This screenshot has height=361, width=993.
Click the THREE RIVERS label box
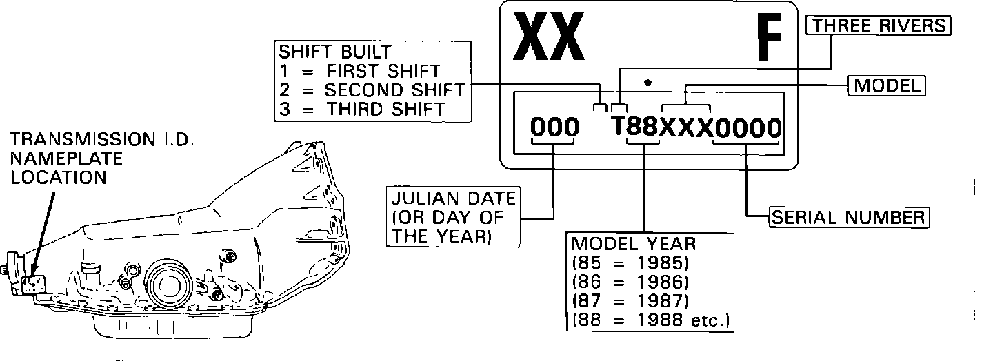pos(878,26)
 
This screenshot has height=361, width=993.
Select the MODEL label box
pos(886,85)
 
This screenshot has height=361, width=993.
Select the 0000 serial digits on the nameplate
pos(748,127)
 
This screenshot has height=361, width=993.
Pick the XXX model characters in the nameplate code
pos(685,127)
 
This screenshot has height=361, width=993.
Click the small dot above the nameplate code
pos(647,83)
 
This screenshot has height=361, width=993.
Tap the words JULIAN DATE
pos(453,200)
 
